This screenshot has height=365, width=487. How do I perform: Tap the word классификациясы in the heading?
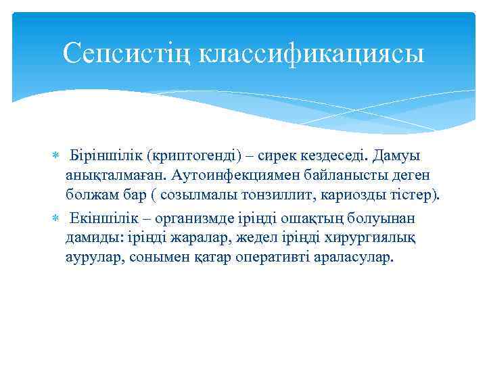(x=312, y=53)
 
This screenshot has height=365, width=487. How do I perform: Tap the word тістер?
(x=413, y=196)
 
